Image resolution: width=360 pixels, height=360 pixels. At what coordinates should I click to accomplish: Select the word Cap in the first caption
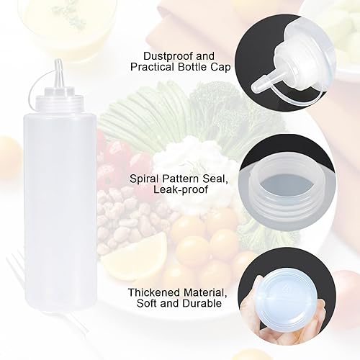[x=220, y=68]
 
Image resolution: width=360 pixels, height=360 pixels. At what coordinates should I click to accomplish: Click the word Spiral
[x=145, y=179]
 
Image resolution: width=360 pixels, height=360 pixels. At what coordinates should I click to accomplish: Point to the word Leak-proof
[x=181, y=189]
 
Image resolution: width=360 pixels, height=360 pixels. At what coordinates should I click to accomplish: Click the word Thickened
[x=154, y=292]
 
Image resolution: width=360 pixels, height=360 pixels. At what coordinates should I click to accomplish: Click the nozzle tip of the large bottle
[x=58, y=60]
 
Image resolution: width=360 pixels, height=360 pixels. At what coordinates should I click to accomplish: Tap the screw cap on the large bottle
[x=60, y=100]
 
